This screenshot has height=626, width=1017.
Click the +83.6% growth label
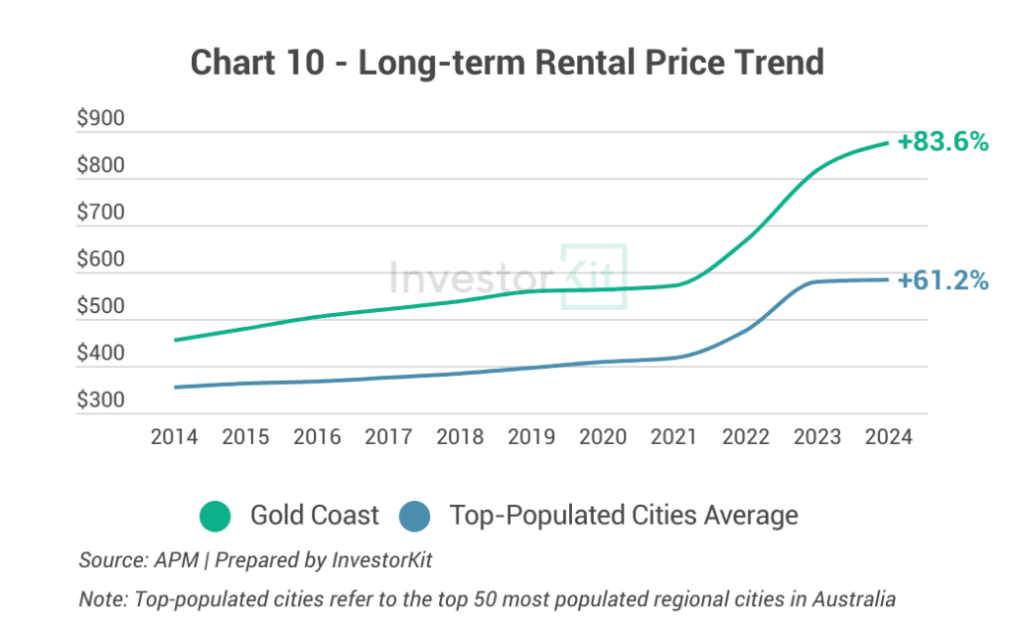pos(943,142)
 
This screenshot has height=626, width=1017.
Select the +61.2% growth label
pos(943,281)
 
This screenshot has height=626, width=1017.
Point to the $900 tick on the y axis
pos(100,119)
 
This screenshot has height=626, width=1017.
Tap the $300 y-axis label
pos(100,401)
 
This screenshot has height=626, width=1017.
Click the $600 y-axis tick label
pos(100,260)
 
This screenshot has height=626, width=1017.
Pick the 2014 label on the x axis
pos(173,437)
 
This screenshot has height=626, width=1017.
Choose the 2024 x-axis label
pos(887,437)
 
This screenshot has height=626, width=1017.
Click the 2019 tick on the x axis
pos(530,437)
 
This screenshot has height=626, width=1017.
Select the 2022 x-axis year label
pos(745,437)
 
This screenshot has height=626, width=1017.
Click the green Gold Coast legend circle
pos(215,516)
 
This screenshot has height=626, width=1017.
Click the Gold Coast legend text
pos(314,516)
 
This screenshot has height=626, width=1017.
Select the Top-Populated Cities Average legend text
pos(623,516)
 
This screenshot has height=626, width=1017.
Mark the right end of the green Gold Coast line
pos(887,143)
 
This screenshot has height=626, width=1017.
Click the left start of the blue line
pos(175,388)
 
